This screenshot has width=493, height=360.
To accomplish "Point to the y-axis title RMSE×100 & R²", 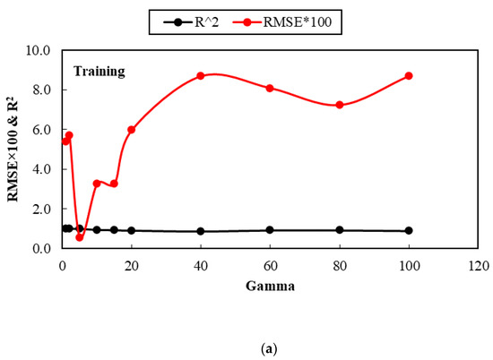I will [x=16, y=149].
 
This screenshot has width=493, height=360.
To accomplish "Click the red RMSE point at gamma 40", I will [x=201, y=76].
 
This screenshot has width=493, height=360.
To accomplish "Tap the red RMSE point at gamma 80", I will [x=340, y=105].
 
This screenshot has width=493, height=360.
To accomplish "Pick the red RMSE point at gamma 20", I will [x=132, y=130].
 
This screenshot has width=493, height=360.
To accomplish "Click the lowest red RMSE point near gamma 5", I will [x=80, y=237].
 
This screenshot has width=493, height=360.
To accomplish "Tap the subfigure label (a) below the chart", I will [x=246, y=345].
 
